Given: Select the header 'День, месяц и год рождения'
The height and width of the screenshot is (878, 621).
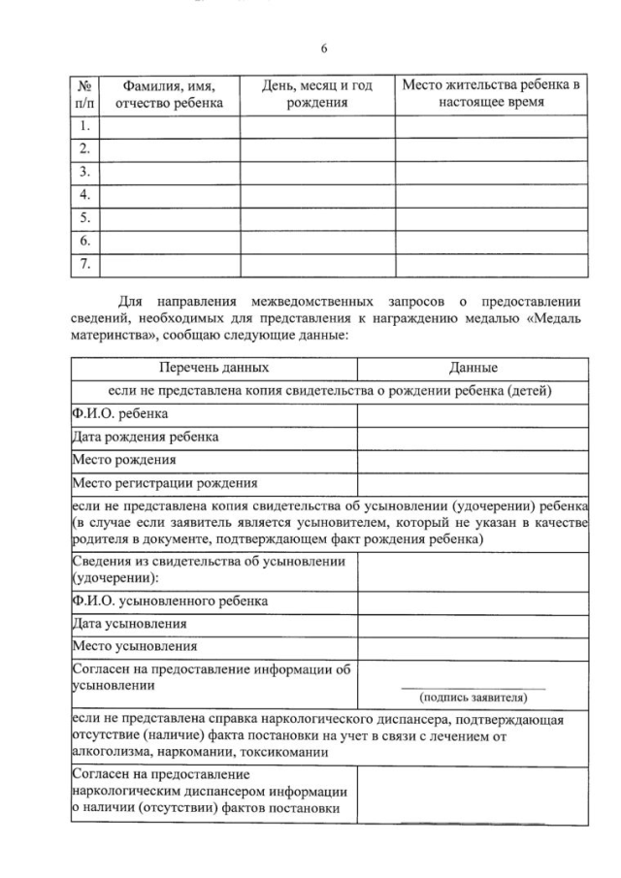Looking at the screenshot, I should (x=317, y=94).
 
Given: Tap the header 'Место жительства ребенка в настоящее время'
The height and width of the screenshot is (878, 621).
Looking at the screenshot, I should (x=491, y=93).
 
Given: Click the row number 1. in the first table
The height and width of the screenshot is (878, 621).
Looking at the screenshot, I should (x=85, y=125).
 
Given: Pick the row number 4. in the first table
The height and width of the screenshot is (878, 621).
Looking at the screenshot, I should (x=85, y=194).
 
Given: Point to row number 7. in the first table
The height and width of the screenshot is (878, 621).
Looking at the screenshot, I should (x=85, y=263).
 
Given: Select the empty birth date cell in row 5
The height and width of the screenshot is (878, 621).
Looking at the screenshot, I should (x=317, y=217).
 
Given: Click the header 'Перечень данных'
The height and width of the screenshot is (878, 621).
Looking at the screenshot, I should (x=214, y=369).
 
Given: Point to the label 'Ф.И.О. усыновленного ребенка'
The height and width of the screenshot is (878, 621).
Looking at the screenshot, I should (x=170, y=601).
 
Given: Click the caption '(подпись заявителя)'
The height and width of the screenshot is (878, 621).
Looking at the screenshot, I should (x=473, y=698).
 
